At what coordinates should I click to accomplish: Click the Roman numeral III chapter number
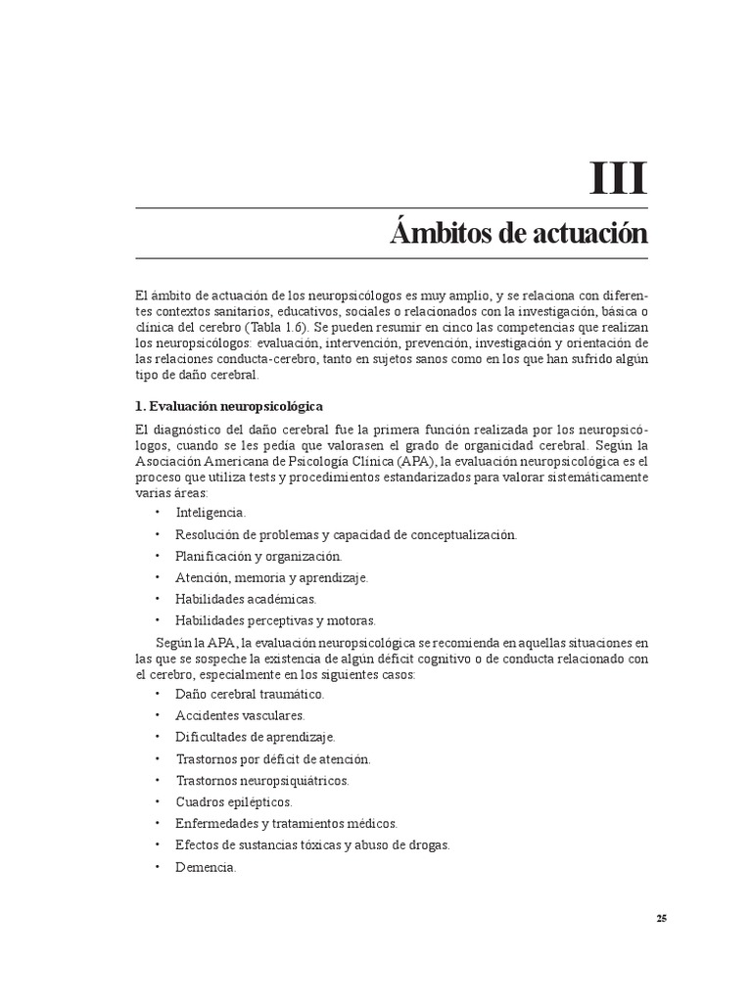point(618,179)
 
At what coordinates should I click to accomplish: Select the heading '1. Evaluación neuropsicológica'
point(228,405)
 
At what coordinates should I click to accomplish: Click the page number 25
point(662,918)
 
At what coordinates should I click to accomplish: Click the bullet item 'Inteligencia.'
point(211,512)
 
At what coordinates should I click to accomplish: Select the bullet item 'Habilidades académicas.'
point(246,598)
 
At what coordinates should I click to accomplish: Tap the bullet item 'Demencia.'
point(206,867)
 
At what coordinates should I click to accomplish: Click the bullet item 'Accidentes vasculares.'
point(241,715)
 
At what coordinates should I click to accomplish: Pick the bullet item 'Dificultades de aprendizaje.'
point(256,737)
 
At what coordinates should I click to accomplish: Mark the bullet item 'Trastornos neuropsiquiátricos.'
point(262,780)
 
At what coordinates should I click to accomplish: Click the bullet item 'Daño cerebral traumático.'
point(250,694)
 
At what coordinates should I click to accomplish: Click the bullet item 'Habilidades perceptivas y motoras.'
point(275,619)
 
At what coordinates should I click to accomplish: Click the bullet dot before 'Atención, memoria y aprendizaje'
point(158,577)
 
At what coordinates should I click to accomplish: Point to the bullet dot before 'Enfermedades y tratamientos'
point(158,824)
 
